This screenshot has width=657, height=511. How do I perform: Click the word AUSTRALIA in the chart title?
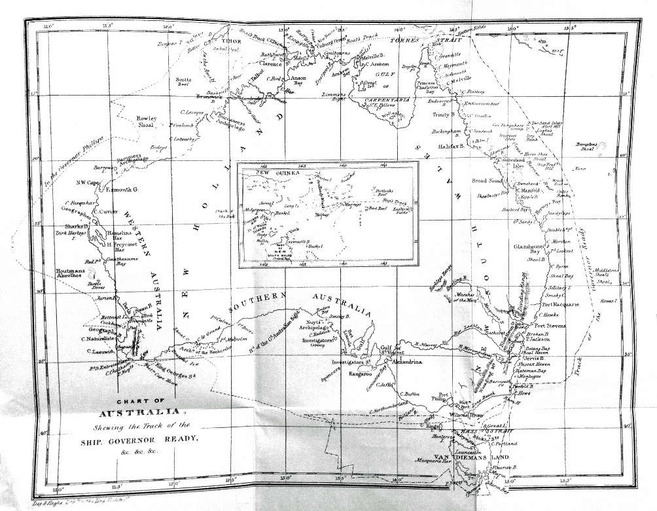pos(139,412)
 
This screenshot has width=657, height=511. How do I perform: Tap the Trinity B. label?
pos(444,115)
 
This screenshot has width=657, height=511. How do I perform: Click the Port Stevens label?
pos(550,325)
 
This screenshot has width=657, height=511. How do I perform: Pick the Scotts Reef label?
pos(183,82)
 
